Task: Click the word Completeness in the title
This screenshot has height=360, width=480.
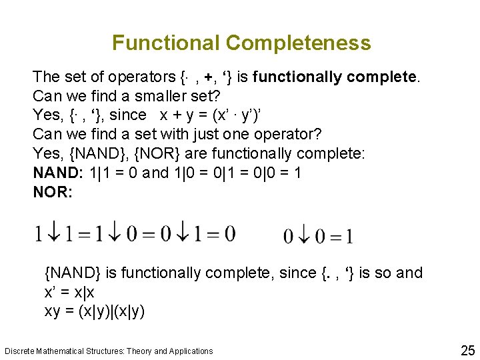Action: pyautogui.click(x=298, y=43)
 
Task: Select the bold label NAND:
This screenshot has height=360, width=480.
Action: pyautogui.click(x=58, y=173)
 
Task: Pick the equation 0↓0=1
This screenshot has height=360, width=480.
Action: pyautogui.click(x=318, y=235)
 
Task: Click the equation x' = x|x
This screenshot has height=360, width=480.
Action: pyautogui.click(x=69, y=292)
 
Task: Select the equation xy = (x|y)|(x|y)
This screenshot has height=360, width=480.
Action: pyautogui.click(x=95, y=311)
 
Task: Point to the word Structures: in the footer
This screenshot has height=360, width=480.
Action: pyautogui.click(x=100, y=351)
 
